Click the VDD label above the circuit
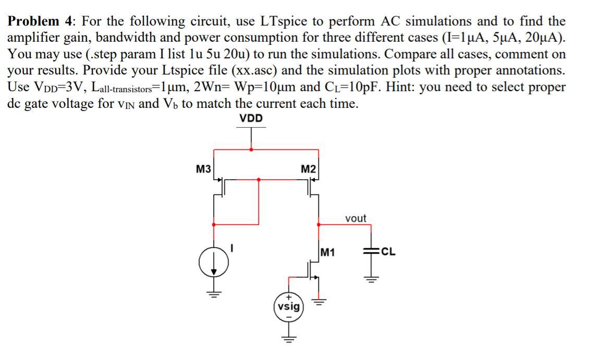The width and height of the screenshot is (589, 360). point(251,119)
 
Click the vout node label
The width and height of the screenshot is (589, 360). point(355,218)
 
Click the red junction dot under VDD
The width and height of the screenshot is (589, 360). point(251,150)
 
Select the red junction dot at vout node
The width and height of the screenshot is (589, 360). point(318,225)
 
